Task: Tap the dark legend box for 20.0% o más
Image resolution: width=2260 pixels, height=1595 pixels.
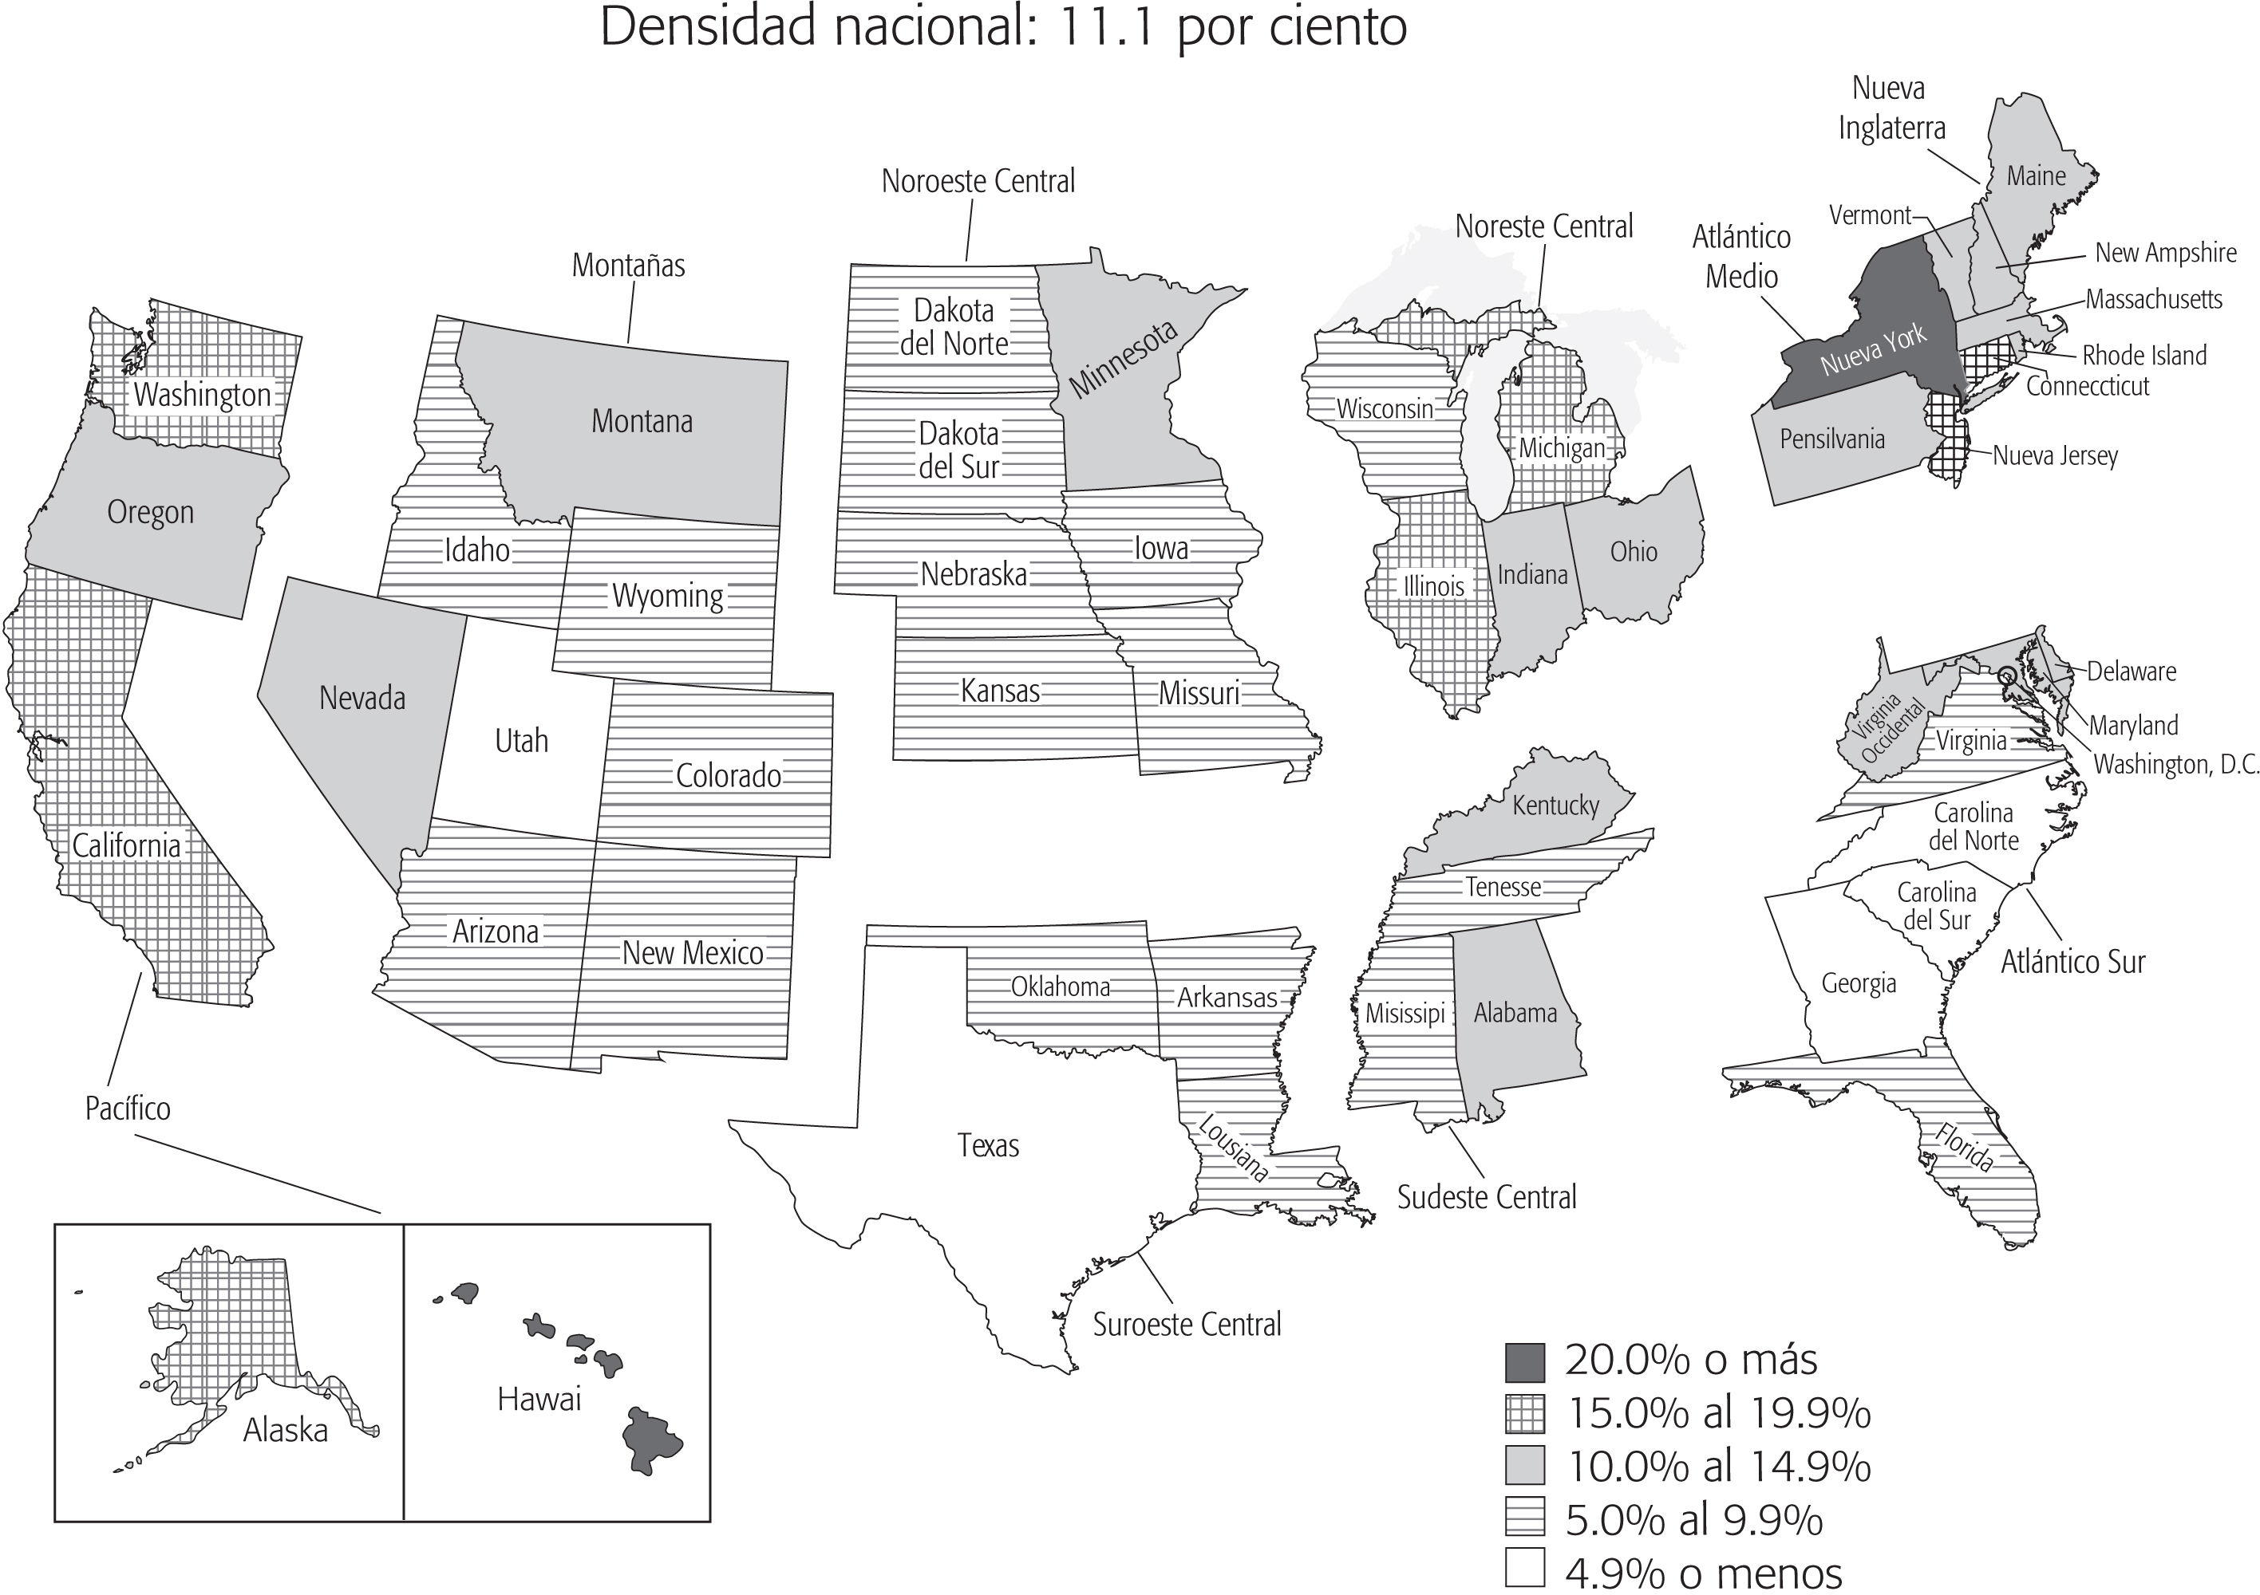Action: click(1525, 1362)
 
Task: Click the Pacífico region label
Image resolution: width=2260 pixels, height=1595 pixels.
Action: click(127, 1109)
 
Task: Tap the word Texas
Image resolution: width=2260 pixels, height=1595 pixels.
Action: click(987, 1145)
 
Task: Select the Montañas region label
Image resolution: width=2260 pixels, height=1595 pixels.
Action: click(628, 266)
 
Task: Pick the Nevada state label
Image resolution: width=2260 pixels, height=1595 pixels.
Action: click(362, 699)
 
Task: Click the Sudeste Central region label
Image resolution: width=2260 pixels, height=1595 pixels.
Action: click(1487, 1198)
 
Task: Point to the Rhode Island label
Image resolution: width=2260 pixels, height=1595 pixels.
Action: click(2143, 355)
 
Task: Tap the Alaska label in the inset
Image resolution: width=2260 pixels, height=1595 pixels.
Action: click(286, 1430)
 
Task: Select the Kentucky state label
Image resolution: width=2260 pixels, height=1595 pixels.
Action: click(1555, 805)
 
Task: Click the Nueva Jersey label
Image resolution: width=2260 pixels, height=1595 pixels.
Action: click(2054, 455)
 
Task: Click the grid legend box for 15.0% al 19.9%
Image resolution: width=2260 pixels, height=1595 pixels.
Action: click(1525, 1414)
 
